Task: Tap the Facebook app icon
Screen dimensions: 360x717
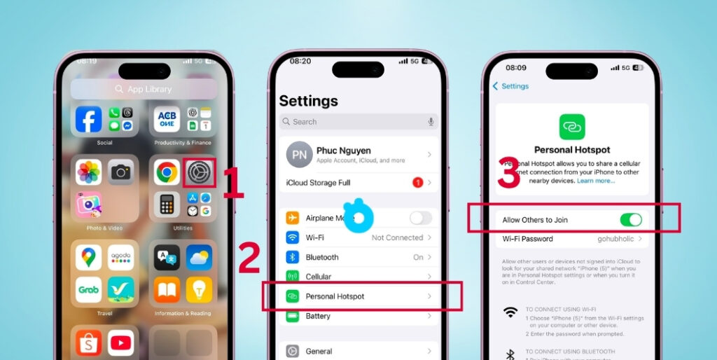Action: point(89,120)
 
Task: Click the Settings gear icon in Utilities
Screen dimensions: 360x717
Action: point(199,172)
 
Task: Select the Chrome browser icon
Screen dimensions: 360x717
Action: point(167,172)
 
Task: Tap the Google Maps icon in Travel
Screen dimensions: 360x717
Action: point(88,257)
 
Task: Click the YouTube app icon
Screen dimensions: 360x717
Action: point(121,343)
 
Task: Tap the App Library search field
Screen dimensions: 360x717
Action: point(144,89)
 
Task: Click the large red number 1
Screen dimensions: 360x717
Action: point(233,184)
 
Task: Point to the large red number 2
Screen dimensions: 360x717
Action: point(249,259)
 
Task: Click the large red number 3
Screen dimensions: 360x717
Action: point(509,174)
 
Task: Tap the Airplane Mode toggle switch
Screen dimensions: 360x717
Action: point(421,218)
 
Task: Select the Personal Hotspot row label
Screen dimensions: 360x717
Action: point(335,296)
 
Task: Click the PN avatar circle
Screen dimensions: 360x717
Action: point(299,155)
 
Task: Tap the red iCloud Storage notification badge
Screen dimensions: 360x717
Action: point(417,183)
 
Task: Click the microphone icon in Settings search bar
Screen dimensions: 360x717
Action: point(431,121)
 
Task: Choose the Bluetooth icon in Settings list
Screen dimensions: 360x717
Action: point(293,257)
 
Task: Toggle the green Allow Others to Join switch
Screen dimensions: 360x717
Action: point(630,220)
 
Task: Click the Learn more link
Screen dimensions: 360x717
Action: point(596,181)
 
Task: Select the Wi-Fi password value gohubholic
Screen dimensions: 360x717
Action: point(616,239)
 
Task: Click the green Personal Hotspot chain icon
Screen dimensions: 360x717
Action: point(572,127)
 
